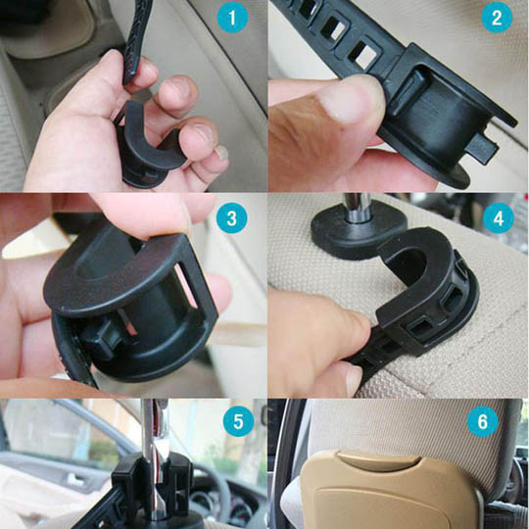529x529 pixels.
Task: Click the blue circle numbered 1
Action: [232, 17]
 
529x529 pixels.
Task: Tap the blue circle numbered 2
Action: [497, 17]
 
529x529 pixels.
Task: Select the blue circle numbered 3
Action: [232, 217]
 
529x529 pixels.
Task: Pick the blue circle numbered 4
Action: [499, 217]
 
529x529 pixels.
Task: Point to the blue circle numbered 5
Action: [238, 421]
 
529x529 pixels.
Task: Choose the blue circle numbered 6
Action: [483, 421]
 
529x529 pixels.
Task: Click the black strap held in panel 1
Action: [135, 40]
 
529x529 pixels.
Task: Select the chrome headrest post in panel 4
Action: [355, 207]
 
